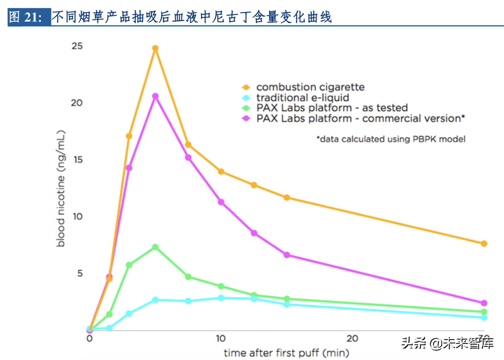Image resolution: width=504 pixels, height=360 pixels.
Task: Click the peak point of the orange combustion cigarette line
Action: pos(155,48)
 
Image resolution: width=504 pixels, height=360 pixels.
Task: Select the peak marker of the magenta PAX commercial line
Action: pos(155,96)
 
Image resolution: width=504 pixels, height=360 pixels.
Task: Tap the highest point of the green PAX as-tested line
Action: pos(155,247)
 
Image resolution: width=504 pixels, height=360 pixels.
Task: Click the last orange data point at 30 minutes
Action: pos(484,243)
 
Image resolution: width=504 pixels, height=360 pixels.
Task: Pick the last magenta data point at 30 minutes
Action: pos(484,303)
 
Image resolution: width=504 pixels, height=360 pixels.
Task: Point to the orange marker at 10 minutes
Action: pos(221,171)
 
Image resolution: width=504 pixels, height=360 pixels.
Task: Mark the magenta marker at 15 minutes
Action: pos(287,255)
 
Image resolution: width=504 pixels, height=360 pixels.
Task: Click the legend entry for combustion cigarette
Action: pos(310,87)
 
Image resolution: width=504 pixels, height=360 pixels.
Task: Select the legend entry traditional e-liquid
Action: pos(302,97)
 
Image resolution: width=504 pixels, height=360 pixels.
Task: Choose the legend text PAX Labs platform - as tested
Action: pos(332,108)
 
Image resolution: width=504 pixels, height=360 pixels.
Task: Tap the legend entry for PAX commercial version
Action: pos(360,118)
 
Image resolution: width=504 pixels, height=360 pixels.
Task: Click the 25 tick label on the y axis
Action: pos(77,46)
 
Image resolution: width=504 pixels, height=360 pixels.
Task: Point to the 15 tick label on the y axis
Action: pos(78,160)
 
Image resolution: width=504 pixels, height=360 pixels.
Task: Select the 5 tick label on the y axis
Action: pos(80,273)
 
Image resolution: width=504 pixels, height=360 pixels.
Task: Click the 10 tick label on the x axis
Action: pos(220,338)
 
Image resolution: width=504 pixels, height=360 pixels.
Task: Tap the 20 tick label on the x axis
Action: pos(352,338)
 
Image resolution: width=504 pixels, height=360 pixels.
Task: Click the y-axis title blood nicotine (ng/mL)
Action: pos(61,189)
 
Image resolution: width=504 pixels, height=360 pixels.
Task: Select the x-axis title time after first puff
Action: pos(286,353)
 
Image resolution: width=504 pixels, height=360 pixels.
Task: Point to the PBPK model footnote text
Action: pos(391,139)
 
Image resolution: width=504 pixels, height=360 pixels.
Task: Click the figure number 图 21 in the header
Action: pos(26,17)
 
